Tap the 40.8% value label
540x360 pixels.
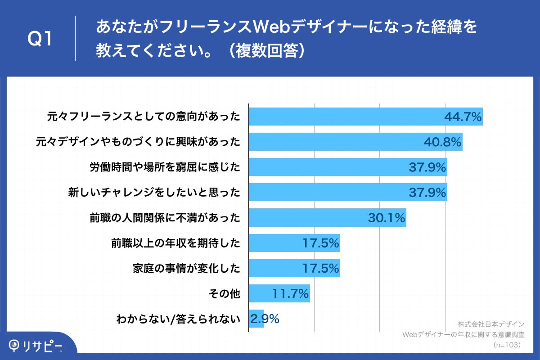tap(443, 142)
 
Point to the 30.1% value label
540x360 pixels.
tap(387, 218)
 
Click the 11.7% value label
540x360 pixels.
tap(290, 294)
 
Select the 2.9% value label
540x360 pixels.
tap(265, 319)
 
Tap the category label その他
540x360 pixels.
tap(224, 294)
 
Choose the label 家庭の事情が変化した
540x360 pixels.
tap(186, 269)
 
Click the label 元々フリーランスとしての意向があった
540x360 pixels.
tap(144, 117)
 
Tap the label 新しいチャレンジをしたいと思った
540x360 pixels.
tap(154, 193)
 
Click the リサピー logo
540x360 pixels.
tap(36, 346)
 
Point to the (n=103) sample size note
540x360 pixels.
tap(507, 345)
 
